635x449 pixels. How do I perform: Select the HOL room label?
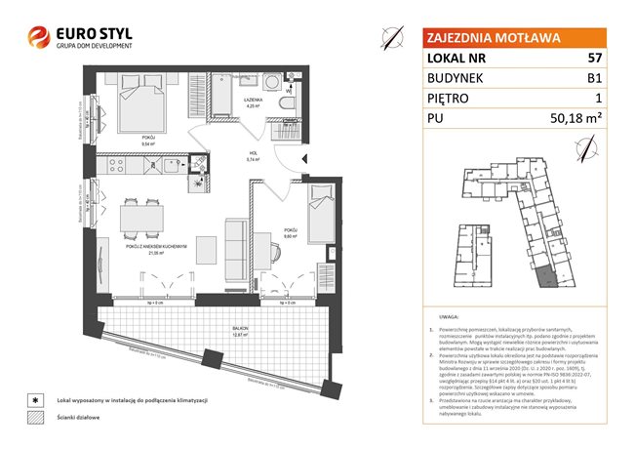pyautogui.click(x=251, y=153)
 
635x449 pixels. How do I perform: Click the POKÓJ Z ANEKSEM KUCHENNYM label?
pyautogui.click(x=156, y=247)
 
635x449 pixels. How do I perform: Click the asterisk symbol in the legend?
pyautogui.click(x=36, y=400)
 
